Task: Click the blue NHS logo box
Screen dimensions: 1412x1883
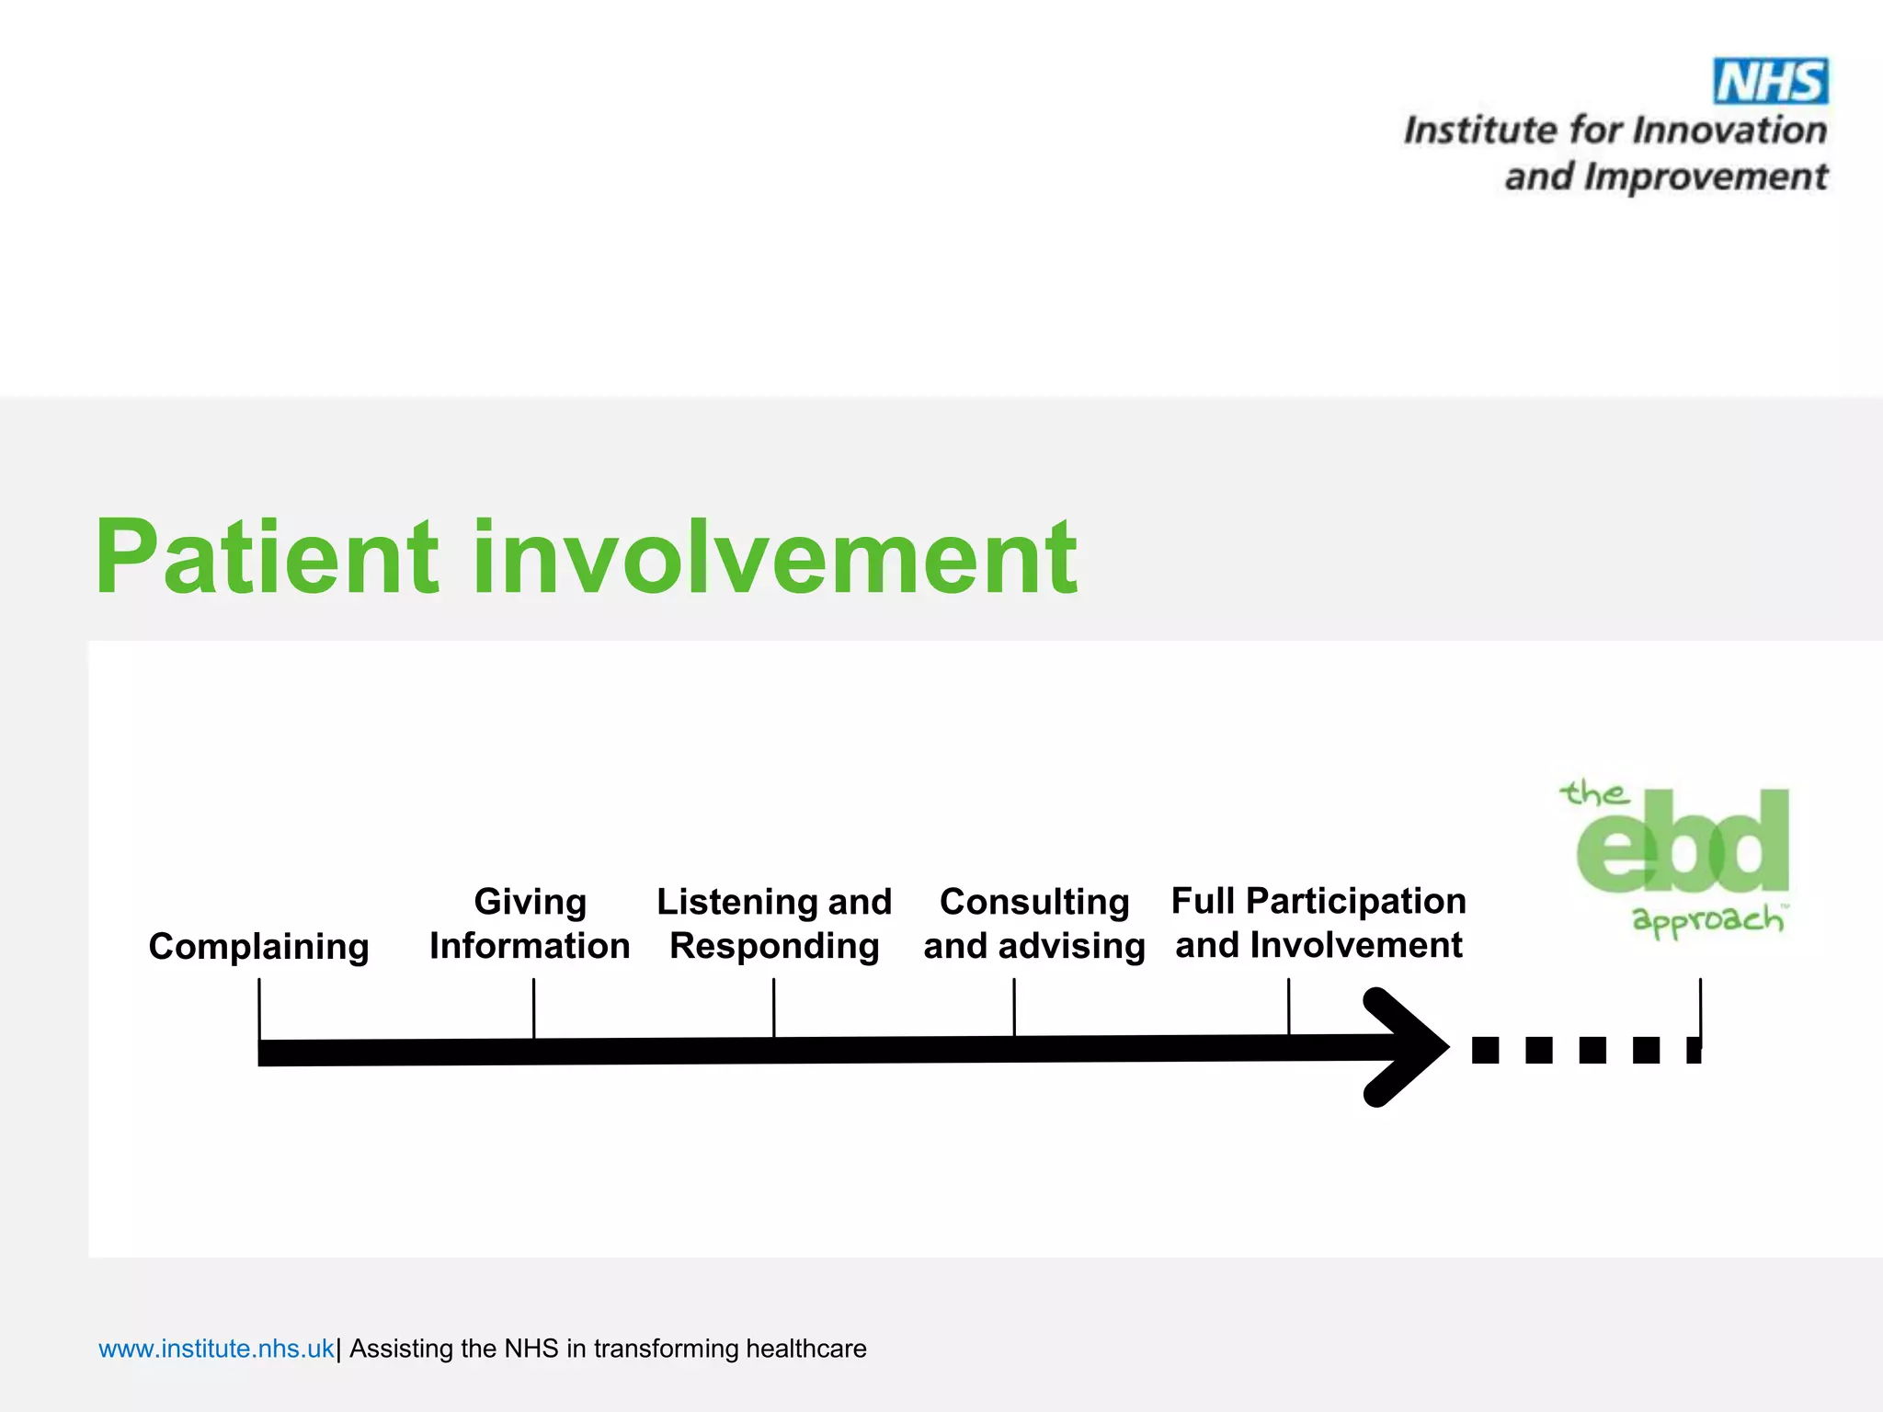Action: [1770, 81]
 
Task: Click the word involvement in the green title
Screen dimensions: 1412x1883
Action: [774, 557]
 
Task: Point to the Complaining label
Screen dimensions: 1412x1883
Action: [258, 946]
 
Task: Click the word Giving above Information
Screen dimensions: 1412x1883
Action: [530, 901]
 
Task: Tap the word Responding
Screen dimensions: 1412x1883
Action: [774, 946]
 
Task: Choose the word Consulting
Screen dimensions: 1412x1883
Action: [1034, 901]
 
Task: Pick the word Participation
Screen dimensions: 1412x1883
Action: [1355, 901]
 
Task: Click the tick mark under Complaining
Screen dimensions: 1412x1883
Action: [259, 1008]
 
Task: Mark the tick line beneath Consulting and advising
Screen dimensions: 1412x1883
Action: [1014, 1006]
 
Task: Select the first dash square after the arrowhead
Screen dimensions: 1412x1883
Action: [1485, 1050]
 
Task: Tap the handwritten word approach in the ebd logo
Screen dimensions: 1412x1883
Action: [1706, 920]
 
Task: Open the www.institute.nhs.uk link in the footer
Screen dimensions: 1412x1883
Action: [216, 1349]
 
